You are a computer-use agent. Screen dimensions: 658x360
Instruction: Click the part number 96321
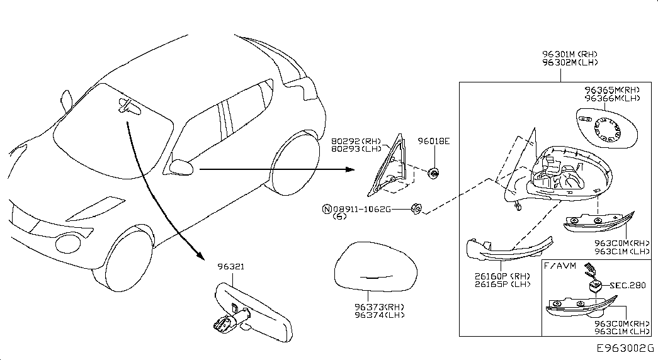231,266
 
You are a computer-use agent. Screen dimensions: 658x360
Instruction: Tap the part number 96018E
433,142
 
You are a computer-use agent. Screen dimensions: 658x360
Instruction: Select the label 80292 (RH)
356,142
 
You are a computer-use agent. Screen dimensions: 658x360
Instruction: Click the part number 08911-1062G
361,209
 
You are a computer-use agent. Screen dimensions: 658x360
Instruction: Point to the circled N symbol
327,209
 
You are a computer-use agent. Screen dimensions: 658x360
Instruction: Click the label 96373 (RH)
379,307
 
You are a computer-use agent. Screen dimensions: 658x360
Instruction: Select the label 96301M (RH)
570,54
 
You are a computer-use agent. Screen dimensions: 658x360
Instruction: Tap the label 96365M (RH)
612,90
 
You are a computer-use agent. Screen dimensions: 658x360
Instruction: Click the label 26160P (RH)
502,276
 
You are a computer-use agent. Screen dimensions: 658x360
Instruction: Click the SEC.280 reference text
628,285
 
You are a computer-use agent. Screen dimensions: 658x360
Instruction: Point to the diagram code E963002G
626,348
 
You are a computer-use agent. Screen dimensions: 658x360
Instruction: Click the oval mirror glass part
606,128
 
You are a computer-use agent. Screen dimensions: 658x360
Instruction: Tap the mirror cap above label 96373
375,266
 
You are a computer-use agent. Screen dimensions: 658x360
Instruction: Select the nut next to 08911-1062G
417,208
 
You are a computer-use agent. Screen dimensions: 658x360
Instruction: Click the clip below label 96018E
433,173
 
